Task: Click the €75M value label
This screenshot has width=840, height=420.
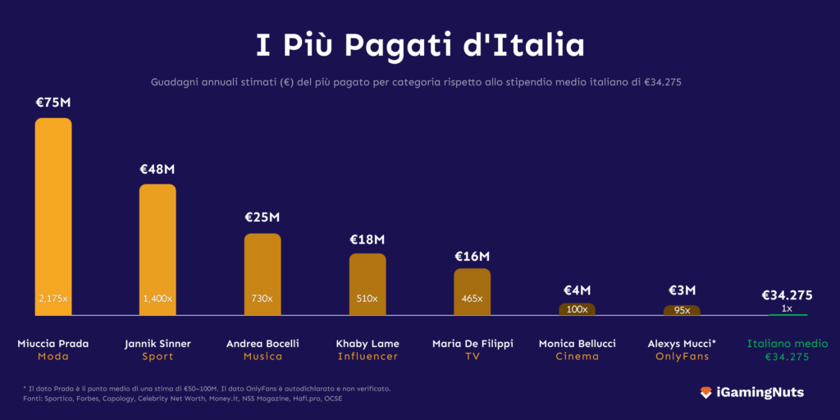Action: tap(52, 103)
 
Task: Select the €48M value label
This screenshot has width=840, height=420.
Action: tap(157, 169)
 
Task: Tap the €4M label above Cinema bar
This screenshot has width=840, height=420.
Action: tap(577, 290)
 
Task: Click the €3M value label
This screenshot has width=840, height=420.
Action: tap(682, 290)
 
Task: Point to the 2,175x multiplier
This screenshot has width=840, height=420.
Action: tap(52, 299)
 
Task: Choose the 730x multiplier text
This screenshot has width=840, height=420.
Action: tap(262, 299)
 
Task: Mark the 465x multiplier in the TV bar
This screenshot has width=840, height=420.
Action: tap(472, 299)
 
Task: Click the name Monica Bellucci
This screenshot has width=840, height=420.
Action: tap(577, 344)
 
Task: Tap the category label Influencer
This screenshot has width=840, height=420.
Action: tap(367, 357)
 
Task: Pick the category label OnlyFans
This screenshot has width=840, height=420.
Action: tap(682, 357)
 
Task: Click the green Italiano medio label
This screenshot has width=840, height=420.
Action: tap(787, 344)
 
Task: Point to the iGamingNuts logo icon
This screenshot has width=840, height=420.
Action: tap(705, 393)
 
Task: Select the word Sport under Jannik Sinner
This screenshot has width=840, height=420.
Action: tap(157, 357)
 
